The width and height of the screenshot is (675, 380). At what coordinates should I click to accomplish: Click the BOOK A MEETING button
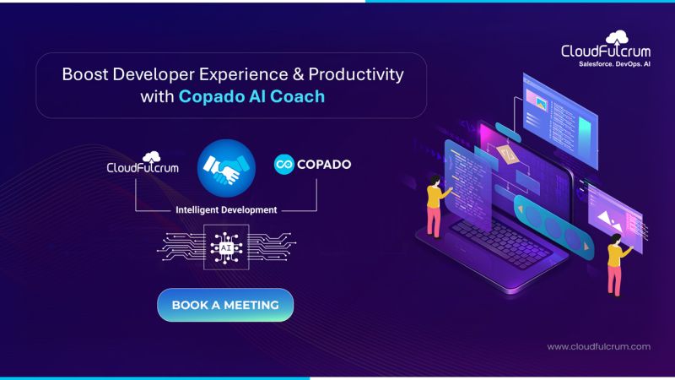click(225, 305)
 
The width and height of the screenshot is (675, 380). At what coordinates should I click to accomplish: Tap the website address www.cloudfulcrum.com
click(598, 346)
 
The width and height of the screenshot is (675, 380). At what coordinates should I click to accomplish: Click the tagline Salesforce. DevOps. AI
click(606, 63)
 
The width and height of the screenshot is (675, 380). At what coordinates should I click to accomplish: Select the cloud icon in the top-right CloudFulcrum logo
click(618, 36)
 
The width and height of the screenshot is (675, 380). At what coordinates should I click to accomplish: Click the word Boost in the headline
click(84, 74)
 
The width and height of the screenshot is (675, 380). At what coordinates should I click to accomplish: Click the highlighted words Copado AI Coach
click(251, 96)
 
